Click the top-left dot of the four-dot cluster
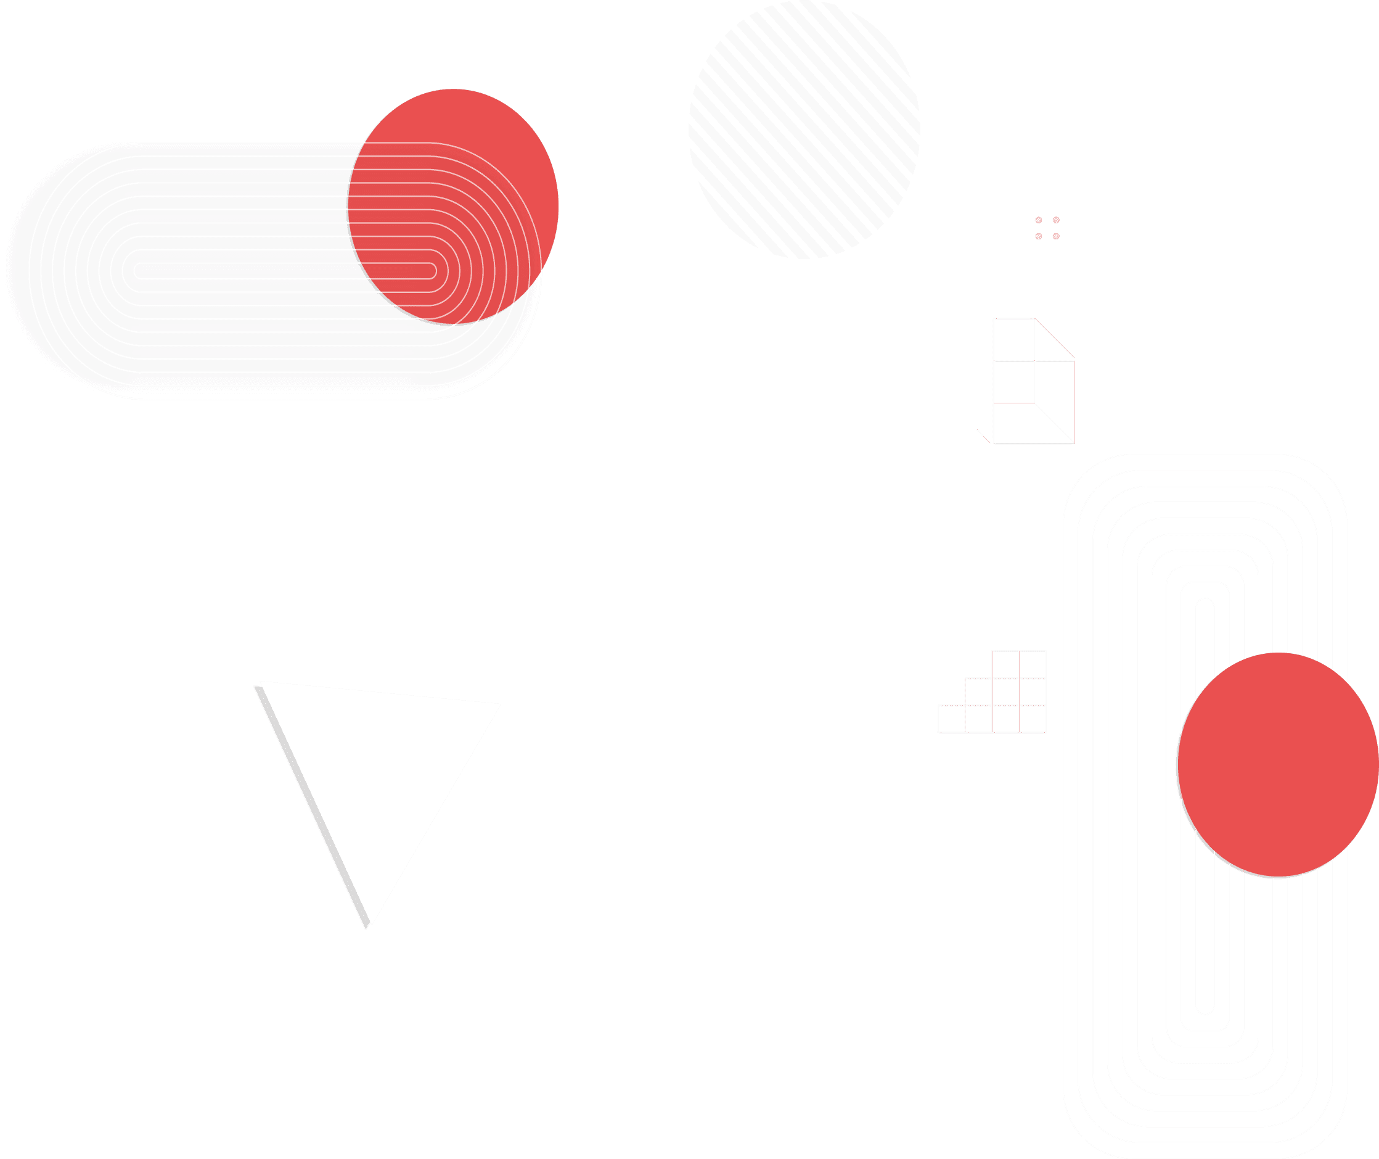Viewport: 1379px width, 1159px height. [x=1039, y=220]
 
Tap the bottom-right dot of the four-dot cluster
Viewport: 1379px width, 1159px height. [x=1056, y=236]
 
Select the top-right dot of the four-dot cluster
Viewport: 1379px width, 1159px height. [x=1056, y=220]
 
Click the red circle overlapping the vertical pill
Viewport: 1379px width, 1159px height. [x=1277, y=765]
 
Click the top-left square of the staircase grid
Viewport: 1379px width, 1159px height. [x=1005, y=664]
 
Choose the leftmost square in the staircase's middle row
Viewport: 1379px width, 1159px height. [x=978, y=691]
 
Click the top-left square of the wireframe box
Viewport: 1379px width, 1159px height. [x=1014, y=339]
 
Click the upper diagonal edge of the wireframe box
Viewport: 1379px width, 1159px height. [x=1055, y=339]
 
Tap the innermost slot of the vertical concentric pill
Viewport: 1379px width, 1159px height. [x=1205, y=806]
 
